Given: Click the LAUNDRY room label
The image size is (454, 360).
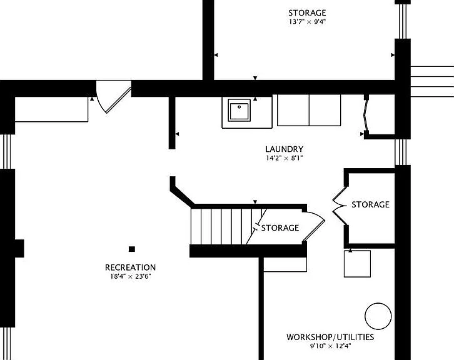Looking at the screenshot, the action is point(285,149).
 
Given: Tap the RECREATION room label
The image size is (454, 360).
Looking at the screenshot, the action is point(130,267).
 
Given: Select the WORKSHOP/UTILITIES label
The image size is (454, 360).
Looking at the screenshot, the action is point(330,337).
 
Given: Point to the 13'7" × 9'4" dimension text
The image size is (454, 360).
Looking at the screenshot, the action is point(307,21).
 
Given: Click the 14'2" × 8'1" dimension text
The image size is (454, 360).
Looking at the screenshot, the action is point(285,158).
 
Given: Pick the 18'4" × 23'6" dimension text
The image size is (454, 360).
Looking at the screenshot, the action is point(130,276).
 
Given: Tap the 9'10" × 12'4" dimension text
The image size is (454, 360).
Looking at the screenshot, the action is point(330,346).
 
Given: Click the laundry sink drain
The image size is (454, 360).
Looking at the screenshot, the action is point(239,107).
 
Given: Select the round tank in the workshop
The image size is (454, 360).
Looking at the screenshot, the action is point(378,316).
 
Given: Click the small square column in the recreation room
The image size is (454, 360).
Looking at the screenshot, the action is point(132,249).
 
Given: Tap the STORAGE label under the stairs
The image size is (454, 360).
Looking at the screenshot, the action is point(280,228).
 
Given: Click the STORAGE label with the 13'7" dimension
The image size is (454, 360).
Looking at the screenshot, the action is point(307,12).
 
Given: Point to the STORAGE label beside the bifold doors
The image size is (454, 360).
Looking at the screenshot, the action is point(370,204).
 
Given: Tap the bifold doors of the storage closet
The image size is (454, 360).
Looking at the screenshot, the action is point(340,206).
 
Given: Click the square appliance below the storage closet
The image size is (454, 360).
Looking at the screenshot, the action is point(357,264).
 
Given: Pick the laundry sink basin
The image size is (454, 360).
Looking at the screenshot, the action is point(239,110).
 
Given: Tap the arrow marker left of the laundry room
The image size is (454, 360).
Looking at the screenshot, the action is point(177,134).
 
